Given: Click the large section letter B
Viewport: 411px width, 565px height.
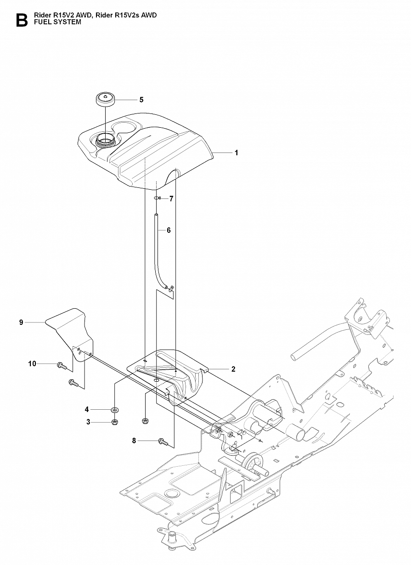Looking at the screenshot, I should tap(21, 20).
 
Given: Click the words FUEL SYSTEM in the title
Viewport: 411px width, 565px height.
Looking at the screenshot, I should tap(57, 22).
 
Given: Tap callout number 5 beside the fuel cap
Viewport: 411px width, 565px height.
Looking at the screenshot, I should tap(141, 100).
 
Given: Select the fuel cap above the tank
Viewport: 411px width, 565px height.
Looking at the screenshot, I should tap(105, 99).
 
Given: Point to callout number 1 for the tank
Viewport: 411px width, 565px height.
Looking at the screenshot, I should tap(236, 153).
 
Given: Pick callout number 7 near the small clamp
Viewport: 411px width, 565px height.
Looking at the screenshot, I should tap(171, 199).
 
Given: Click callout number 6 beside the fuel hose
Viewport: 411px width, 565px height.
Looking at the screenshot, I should tap(169, 230).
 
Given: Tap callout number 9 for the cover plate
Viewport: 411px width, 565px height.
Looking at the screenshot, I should tap(21, 322).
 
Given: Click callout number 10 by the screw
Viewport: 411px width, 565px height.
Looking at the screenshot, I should tap(32, 364).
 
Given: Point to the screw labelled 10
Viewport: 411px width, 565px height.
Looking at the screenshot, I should tap(61, 366).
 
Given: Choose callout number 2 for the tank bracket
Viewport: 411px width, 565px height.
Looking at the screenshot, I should tap(233, 369).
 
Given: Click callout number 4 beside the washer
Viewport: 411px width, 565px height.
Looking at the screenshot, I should tap(86, 409).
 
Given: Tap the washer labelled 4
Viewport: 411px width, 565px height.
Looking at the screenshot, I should tap(114, 409).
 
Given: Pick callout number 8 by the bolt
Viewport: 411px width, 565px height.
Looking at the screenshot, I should tap(134, 441).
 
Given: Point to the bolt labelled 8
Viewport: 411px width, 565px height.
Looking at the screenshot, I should tap(163, 441).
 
